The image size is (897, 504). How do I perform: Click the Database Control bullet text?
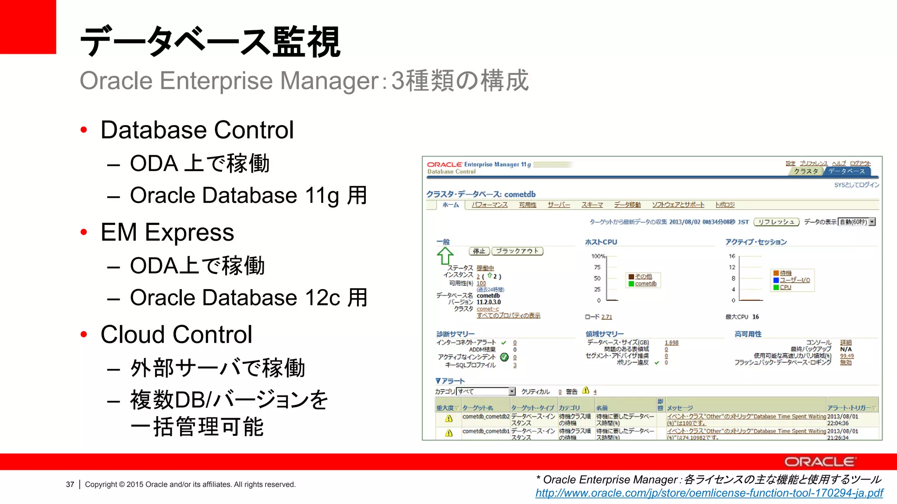[197, 130]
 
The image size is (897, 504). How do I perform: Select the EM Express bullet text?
[167, 232]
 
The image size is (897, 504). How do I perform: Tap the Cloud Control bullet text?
[176, 334]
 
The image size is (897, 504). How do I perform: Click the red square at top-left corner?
[28, 26]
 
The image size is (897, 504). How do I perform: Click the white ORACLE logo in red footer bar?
[820, 462]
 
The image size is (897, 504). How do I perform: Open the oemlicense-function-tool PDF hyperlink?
[709, 493]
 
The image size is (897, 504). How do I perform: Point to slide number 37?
[70, 484]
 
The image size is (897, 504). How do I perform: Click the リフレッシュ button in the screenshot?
[776, 222]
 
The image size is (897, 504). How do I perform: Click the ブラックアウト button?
[517, 251]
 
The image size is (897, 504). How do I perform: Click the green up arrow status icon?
[445, 256]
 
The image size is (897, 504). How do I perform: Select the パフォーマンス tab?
[489, 205]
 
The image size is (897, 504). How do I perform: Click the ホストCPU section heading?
[601, 242]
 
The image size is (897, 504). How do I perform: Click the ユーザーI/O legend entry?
[795, 280]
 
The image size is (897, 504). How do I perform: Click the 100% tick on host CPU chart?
[598, 256]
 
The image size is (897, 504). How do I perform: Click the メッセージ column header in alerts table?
[680, 408]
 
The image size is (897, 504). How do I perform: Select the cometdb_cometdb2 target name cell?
[486, 416]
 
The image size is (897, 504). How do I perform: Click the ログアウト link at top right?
[860, 163]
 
